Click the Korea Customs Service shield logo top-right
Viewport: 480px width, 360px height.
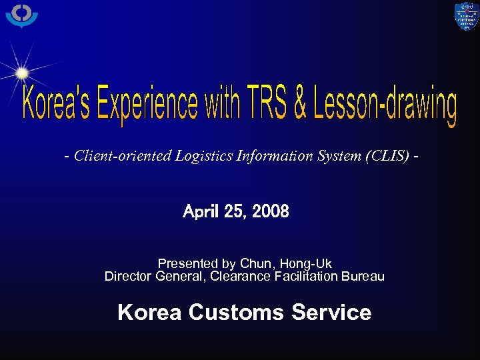[466, 17]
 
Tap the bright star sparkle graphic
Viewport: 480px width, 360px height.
[22, 72]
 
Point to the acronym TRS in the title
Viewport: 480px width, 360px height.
[267, 104]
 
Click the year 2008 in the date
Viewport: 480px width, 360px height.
[271, 212]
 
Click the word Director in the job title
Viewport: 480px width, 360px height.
[128, 276]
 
